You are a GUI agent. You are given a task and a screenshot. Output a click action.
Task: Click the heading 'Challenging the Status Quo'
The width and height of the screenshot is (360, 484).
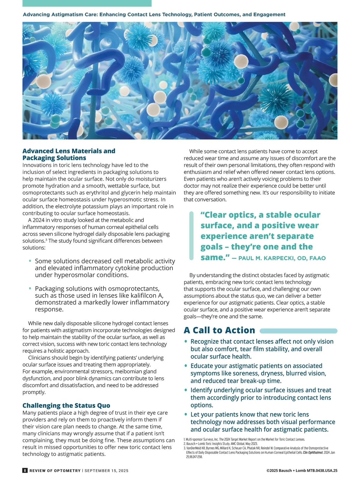pos(66,406)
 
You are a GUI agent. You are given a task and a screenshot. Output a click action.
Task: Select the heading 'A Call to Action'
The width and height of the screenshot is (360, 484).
pos(219,330)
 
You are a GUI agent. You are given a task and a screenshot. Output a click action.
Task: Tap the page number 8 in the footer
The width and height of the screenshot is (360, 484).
pos(25,470)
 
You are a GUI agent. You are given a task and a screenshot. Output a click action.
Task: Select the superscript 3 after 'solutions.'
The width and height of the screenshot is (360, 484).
pos(46,239)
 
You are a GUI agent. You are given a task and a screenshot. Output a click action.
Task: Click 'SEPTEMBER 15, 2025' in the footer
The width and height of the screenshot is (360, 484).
pos(106,471)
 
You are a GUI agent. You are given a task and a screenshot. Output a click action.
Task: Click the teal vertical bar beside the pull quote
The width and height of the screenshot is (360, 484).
pos(191,236)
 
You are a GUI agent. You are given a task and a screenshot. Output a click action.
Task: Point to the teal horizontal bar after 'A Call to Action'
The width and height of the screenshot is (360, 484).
pos(298,331)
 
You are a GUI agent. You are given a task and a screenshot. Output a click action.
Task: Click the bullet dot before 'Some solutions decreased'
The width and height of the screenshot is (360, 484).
pos(30,261)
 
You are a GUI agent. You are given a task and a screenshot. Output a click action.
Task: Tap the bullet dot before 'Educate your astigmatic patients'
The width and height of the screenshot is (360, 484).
pos(186,366)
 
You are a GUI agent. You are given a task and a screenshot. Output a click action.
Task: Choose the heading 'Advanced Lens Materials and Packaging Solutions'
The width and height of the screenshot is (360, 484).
pos(69,155)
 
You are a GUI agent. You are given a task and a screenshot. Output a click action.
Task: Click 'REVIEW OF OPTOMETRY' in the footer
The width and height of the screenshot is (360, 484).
pos(55,471)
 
